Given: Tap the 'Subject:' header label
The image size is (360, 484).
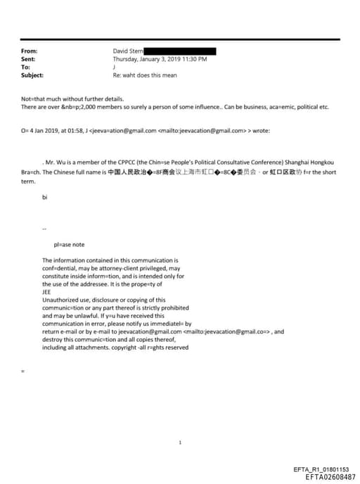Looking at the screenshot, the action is (32, 75).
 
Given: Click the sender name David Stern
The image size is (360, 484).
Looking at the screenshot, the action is (128, 51).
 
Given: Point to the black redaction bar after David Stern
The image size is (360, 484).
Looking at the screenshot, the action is (180, 51).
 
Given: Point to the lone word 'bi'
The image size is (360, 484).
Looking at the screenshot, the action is (44, 197).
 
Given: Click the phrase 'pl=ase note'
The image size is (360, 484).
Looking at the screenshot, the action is (69, 244).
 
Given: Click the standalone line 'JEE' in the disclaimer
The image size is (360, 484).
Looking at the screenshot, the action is (47, 292).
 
